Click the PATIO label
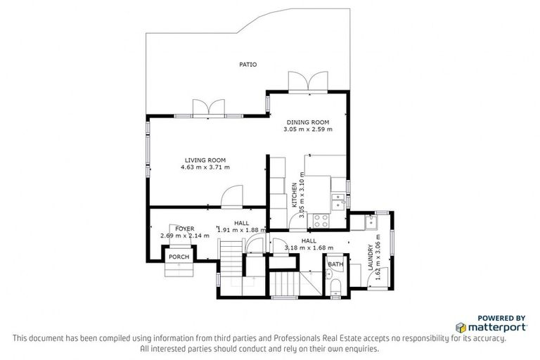tap(247, 65)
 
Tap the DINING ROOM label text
tap(308, 122)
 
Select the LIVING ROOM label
tap(205, 160)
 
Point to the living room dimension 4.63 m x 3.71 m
tap(205, 167)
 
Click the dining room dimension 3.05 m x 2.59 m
tap(308, 129)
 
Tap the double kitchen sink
tap(339, 200)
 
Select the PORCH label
tap(179, 257)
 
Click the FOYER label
tap(185, 229)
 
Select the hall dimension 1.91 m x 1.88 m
tap(241, 230)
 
